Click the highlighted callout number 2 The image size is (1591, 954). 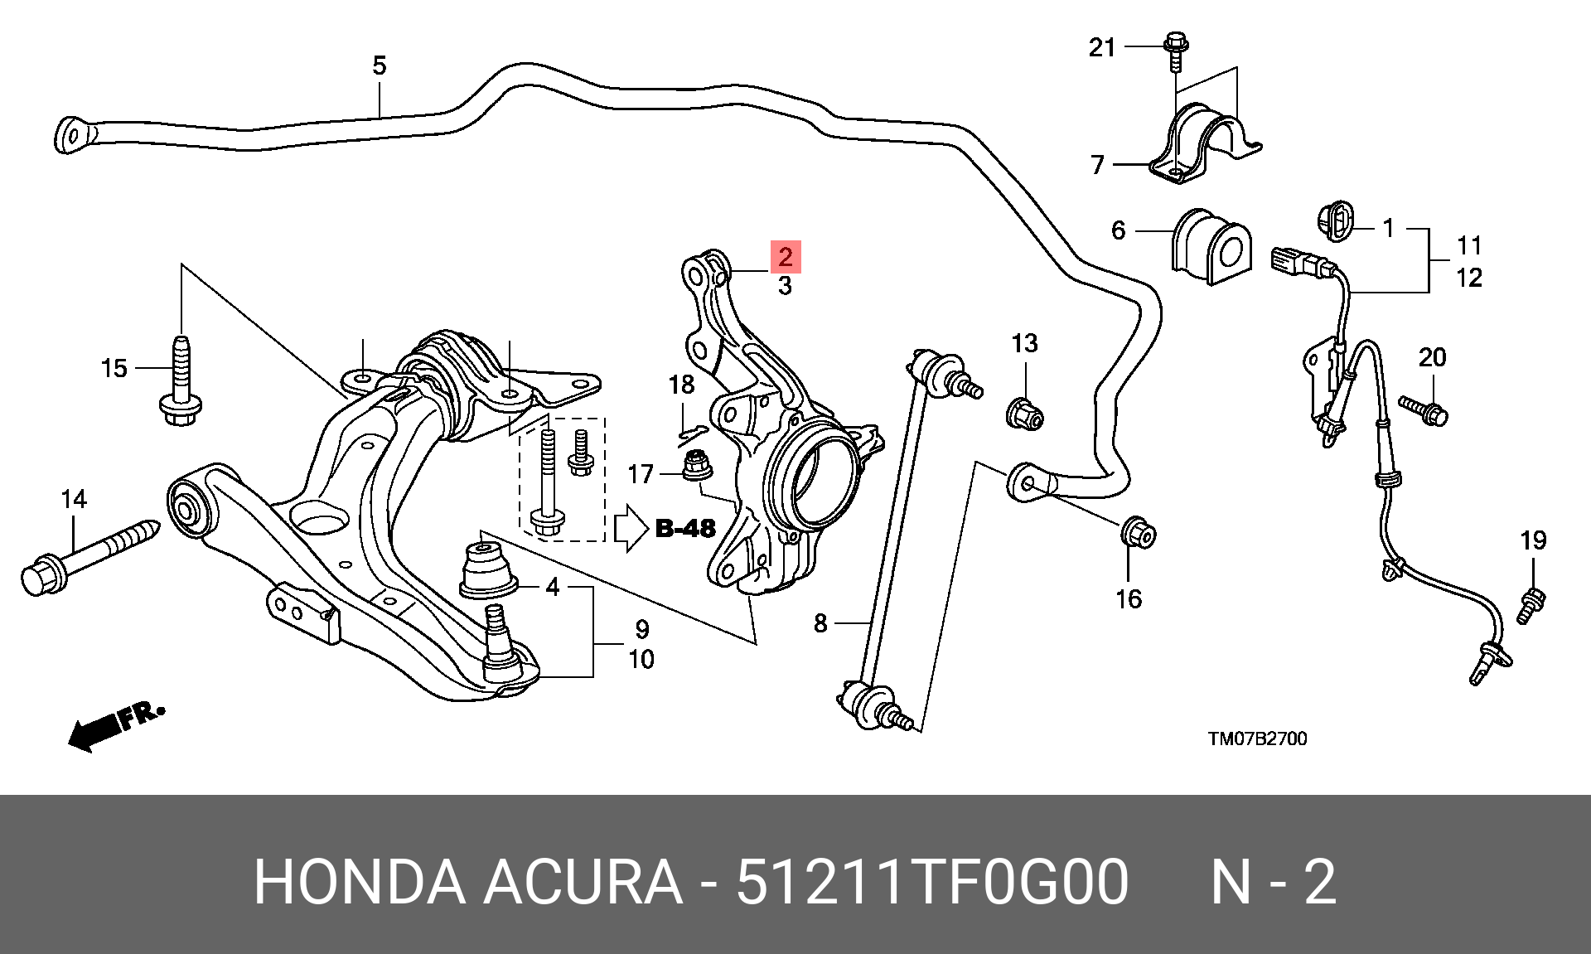(x=785, y=256)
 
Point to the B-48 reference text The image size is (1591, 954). (x=685, y=528)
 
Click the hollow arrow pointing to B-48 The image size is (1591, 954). (x=631, y=528)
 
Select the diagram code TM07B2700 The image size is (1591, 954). (x=1257, y=739)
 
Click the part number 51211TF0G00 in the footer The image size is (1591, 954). (x=932, y=882)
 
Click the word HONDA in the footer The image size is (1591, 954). (x=358, y=882)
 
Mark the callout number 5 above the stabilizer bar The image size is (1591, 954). (x=380, y=65)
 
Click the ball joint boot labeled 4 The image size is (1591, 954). (x=488, y=568)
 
